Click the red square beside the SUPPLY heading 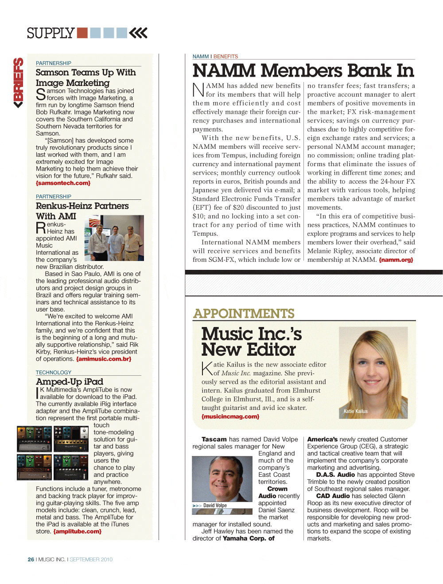coord(82,33)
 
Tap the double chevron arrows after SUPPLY coord(138,33)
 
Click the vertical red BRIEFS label coord(18,82)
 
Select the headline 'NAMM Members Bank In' coord(303,71)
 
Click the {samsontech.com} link coord(63,183)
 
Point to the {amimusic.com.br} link coord(104,359)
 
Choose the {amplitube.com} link coord(78,531)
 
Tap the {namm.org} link coord(396,260)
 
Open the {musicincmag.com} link coord(230,417)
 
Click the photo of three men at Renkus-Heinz coord(114,238)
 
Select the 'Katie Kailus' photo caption coord(356,411)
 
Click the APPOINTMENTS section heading coord(244,314)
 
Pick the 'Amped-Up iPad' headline coord(70,382)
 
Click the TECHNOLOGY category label coord(54,373)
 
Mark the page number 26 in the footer coord(31,560)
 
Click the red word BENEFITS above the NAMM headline coord(225,57)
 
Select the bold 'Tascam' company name coord(214,440)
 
